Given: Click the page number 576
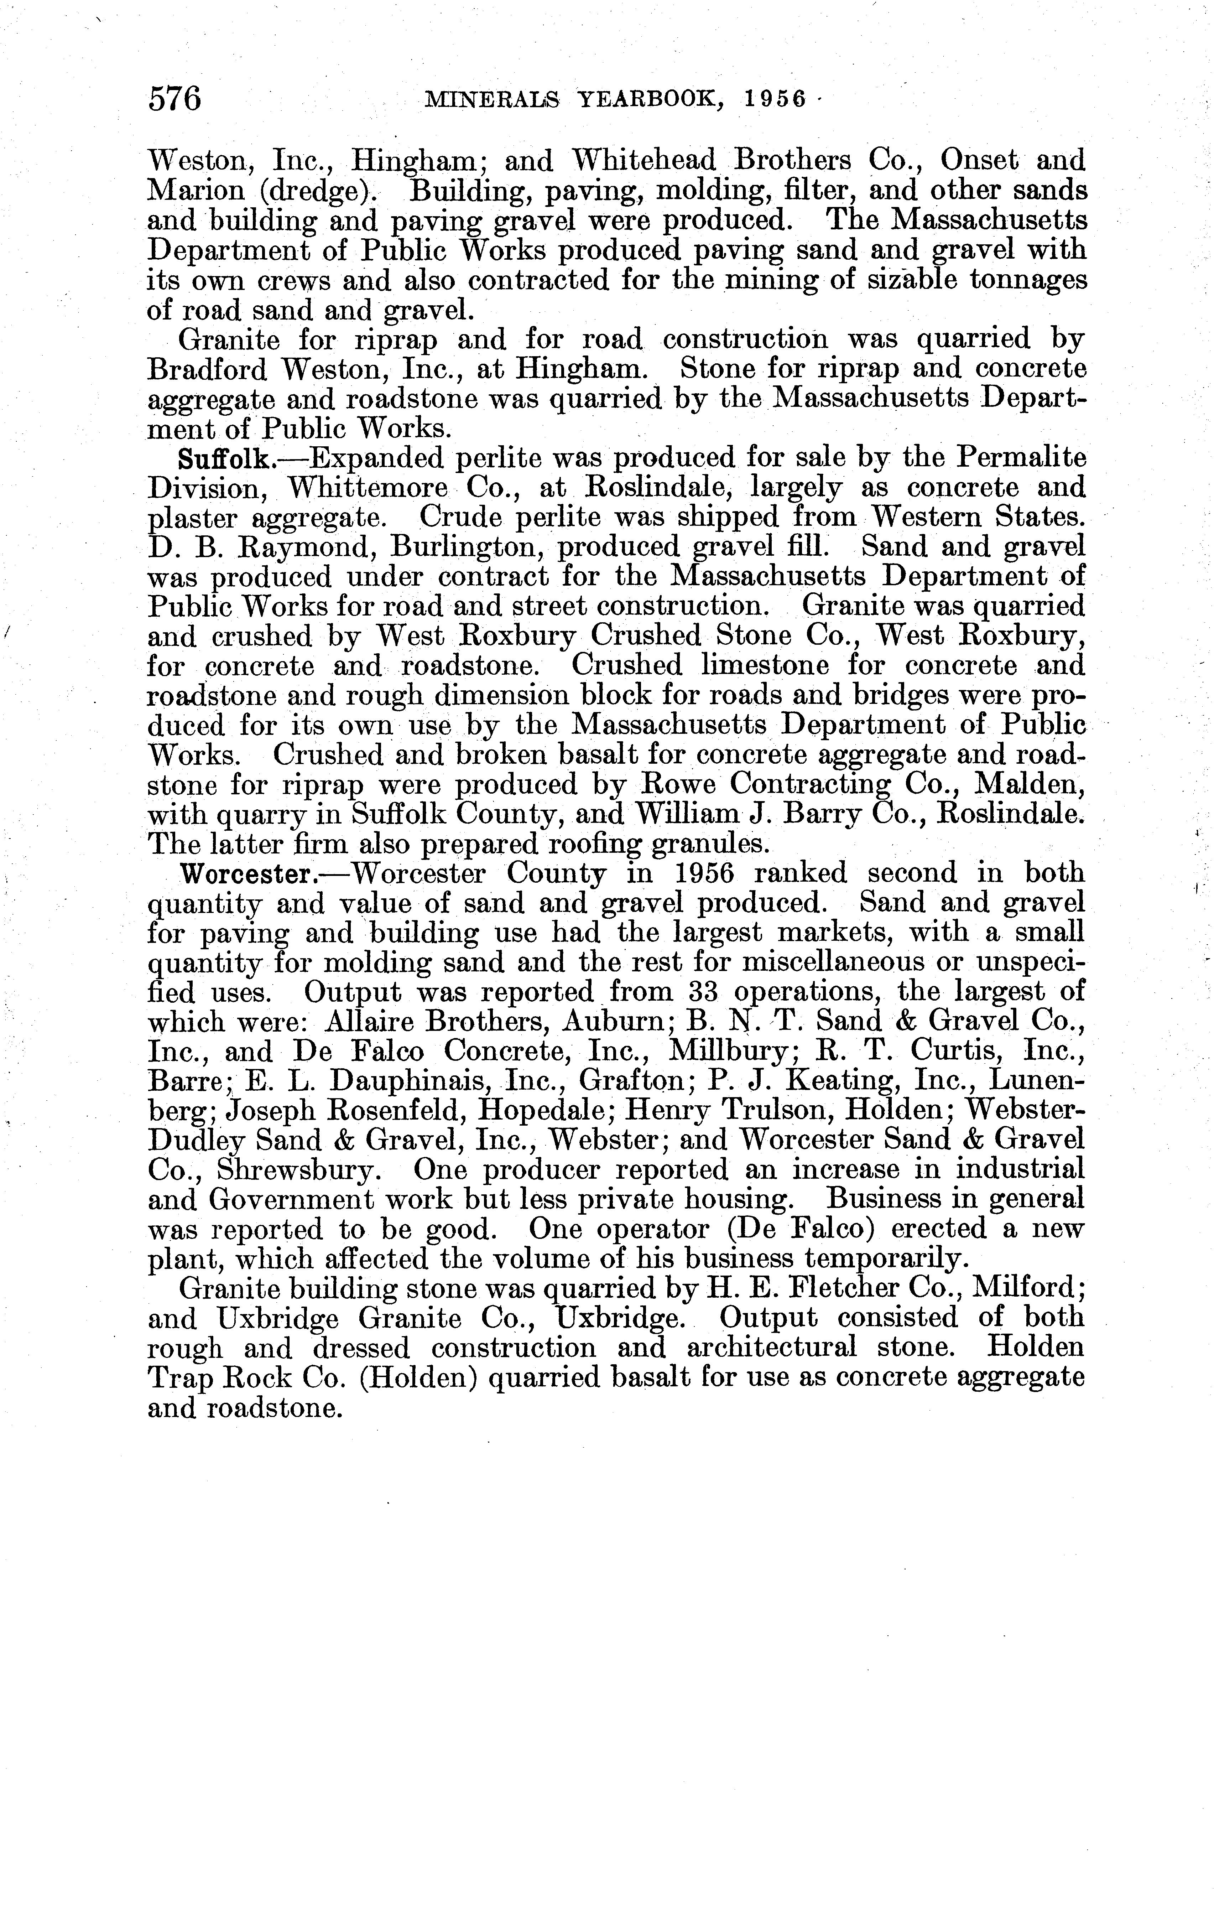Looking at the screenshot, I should click(x=174, y=99).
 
